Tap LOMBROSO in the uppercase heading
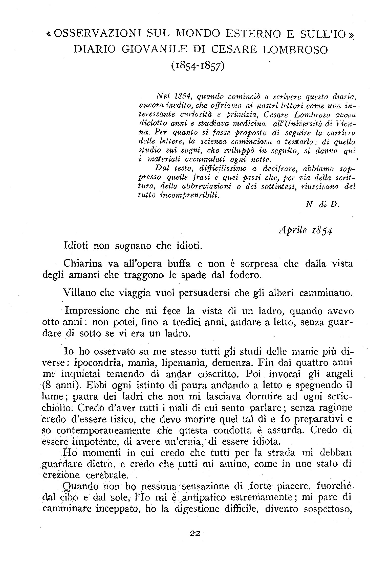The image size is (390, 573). click(x=295, y=49)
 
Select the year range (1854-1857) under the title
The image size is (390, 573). click(x=198, y=66)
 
